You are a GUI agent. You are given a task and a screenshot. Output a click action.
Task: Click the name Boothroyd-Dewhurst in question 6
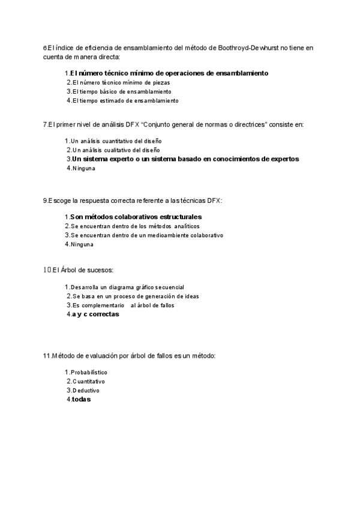248,47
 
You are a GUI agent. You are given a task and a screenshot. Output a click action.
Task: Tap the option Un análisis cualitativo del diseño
114,150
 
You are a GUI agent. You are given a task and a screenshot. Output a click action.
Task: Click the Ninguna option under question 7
83,169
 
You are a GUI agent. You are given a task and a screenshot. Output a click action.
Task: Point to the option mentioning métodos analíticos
136,226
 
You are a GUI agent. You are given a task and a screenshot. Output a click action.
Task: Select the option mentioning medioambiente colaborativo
147,235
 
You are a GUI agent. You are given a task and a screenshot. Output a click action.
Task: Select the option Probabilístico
89,372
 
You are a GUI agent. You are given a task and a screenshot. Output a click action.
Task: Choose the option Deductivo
85,391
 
